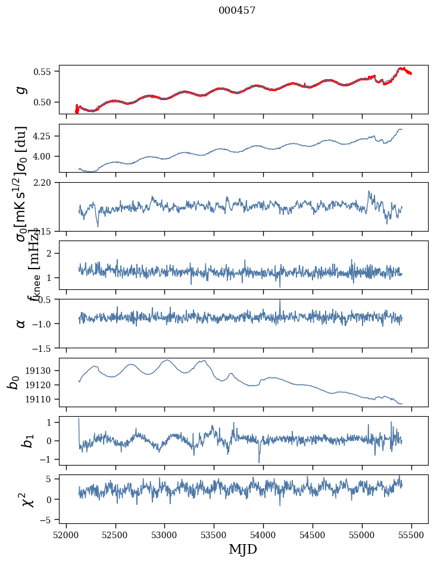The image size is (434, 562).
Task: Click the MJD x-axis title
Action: (243, 549)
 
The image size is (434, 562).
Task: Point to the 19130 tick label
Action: (42, 371)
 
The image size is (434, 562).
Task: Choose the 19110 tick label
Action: (42, 399)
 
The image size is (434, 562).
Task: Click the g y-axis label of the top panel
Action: (21, 89)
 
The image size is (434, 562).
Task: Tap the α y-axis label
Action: (21, 323)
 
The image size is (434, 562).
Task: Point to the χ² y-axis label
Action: (21, 499)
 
